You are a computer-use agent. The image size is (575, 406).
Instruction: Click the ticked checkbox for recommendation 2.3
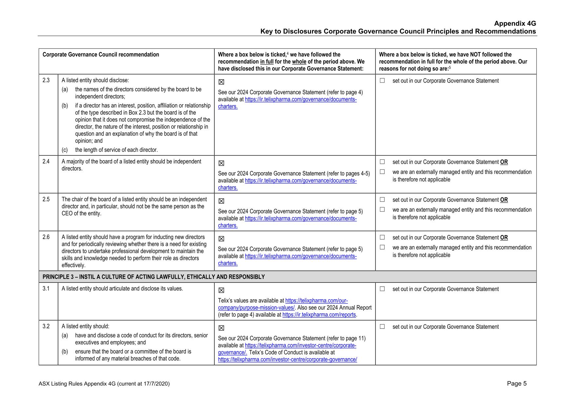pyautogui.click(x=221, y=82)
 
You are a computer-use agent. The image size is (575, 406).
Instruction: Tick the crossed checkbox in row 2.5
pyautogui.click(x=221, y=201)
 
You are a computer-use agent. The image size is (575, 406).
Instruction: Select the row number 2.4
pyautogui.click(x=46, y=161)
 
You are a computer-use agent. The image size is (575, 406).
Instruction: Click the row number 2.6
pyautogui.click(x=46, y=237)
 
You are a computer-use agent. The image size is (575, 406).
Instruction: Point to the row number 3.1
pyautogui.click(x=46, y=288)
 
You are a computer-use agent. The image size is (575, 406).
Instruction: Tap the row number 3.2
pyautogui.click(x=46, y=326)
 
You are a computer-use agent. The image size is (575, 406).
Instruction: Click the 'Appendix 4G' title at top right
pyautogui.click(x=515, y=24)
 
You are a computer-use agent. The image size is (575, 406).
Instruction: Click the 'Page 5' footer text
pyautogui.click(x=517, y=383)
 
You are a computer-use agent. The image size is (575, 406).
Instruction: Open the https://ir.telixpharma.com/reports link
pyautogui.click(x=319, y=315)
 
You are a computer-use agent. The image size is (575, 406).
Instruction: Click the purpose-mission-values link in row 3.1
pyautogui.click(x=256, y=308)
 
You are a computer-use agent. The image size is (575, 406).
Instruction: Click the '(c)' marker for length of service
pyautogui.click(x=65, y=150)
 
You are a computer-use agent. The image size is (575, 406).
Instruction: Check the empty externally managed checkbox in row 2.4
pyautogui.click(x=382, y=172)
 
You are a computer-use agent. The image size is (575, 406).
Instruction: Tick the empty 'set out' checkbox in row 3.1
pyautogui.click(x=382, y=289)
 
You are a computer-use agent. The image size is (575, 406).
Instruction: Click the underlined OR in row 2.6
pyautogui.click(x=504, y=238)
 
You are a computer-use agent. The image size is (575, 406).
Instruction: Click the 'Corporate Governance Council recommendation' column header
pyautogui.click(x=101, y=55)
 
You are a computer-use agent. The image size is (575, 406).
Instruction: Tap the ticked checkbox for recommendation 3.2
pyautogui.click(x=221, y=328)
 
